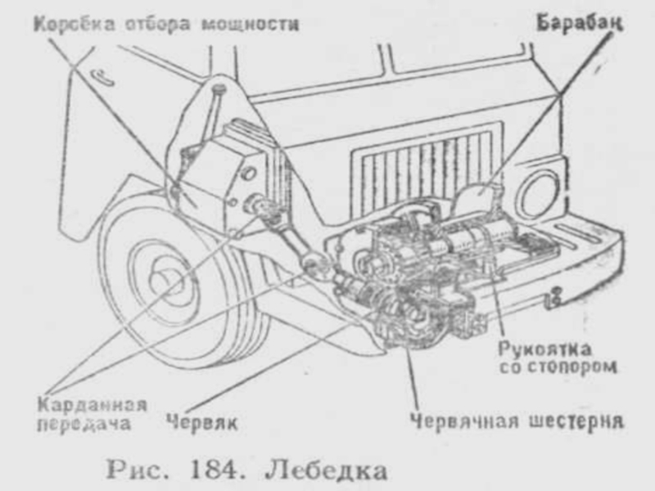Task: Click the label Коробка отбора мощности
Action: pos(166,25)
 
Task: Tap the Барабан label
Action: pos(580,24)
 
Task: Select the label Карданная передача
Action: pos(92,414)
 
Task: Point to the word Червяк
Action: pos(202,422)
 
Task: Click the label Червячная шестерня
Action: pos(517,421)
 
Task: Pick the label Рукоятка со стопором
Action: pos(558,358)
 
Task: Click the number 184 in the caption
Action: pos(216,470)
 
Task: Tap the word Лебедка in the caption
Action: pos(326,470)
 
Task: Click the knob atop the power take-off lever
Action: pos(219,89)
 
